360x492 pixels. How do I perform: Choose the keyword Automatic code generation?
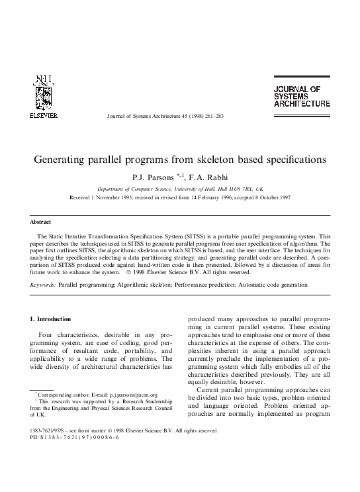pyautogui.click(x=272, y=285)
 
